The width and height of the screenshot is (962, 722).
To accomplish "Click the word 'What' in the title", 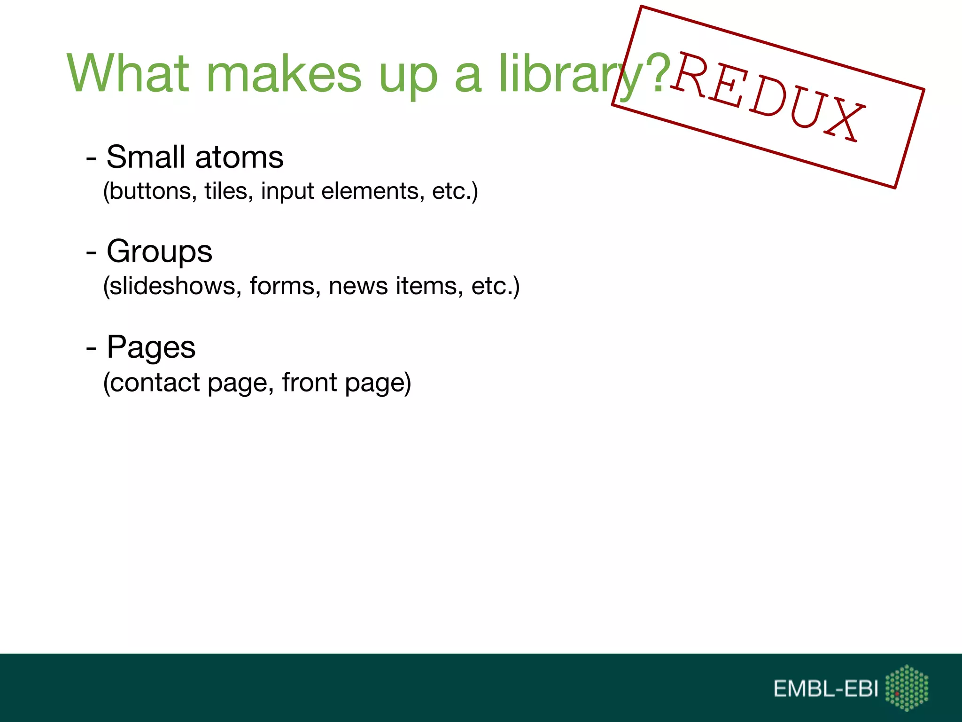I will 128,74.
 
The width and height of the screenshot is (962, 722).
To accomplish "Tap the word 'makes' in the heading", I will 284,74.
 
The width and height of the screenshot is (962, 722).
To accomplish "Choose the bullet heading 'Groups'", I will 159,251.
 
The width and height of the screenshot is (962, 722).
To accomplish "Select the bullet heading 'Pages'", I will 151,347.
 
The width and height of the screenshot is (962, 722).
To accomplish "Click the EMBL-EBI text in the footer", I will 826,689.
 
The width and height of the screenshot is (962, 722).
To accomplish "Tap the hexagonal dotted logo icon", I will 907,688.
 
